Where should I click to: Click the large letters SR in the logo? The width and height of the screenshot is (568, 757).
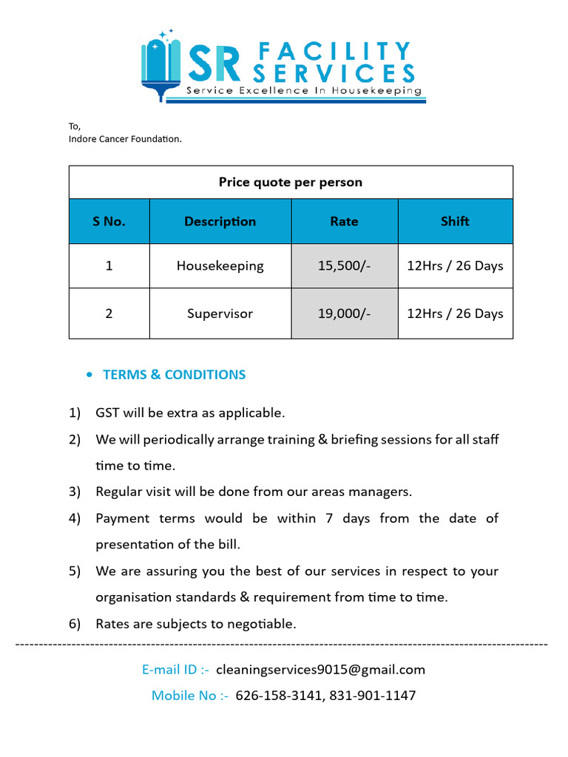214,64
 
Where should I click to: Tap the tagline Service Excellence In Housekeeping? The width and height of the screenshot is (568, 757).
304,91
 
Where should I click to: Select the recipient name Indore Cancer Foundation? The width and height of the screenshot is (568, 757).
125,138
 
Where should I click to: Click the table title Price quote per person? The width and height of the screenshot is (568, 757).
291,182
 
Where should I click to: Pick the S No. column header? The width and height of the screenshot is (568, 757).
109,221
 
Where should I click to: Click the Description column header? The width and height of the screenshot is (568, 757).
220,221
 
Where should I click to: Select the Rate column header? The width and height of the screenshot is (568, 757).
344,221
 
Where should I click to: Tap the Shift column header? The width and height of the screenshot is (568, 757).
455,221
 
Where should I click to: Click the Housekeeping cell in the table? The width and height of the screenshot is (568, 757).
220,265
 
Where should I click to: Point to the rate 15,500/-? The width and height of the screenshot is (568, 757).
344,265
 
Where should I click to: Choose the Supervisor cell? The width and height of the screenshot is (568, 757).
220,313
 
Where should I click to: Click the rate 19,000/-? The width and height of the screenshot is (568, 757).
344,313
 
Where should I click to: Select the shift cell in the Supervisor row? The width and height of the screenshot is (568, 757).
455,313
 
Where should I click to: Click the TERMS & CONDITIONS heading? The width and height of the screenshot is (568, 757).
174,375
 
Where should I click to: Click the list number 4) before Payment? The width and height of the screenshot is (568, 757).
75,518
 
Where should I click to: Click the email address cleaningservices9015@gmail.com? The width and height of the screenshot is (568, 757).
320,670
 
